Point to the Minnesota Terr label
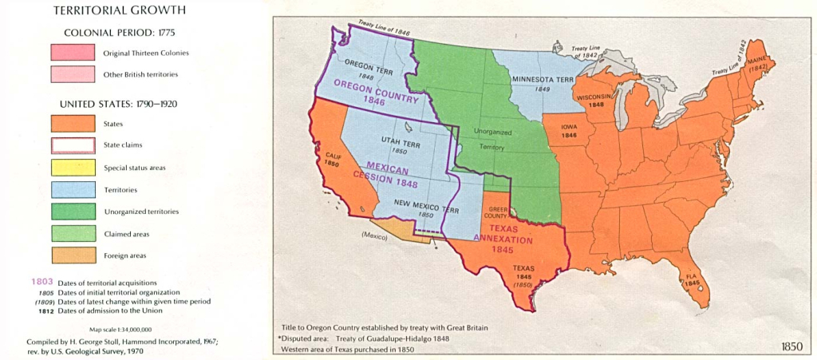(x=543, y=81)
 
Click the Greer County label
(x=497, y=212)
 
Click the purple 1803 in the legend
(x=42, y=282)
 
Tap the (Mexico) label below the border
(x=376, y=235)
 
